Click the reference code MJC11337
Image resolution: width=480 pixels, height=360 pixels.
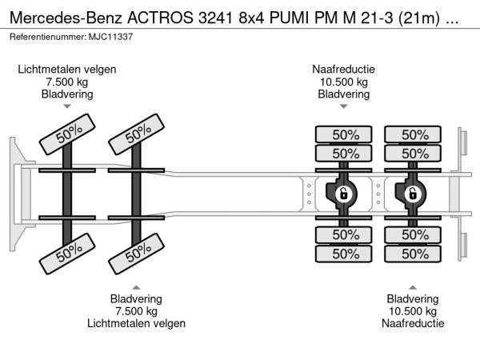point(112,37)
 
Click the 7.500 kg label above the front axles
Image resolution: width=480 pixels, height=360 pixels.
point(67,82)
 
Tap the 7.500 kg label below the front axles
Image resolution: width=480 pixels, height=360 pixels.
point(136,311)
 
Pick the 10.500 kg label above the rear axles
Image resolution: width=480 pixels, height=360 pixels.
point(343,82)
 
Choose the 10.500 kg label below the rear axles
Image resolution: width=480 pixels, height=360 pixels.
point(412,311)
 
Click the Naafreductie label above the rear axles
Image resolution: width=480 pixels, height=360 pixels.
point(343,70)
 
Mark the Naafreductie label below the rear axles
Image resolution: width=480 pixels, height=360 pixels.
point(412,323)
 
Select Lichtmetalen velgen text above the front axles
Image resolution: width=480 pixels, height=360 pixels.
point(67,70)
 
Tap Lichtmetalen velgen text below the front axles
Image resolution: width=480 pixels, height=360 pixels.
point(136,323)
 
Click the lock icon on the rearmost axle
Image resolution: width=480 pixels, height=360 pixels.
point(413,193)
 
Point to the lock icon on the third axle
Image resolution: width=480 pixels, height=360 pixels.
point(343,193)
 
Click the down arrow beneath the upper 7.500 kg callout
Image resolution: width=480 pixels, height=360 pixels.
point(67,106)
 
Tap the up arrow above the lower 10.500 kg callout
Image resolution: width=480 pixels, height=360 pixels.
point(412,287)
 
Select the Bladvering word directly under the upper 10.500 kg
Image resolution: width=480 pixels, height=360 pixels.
point(343,94)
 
